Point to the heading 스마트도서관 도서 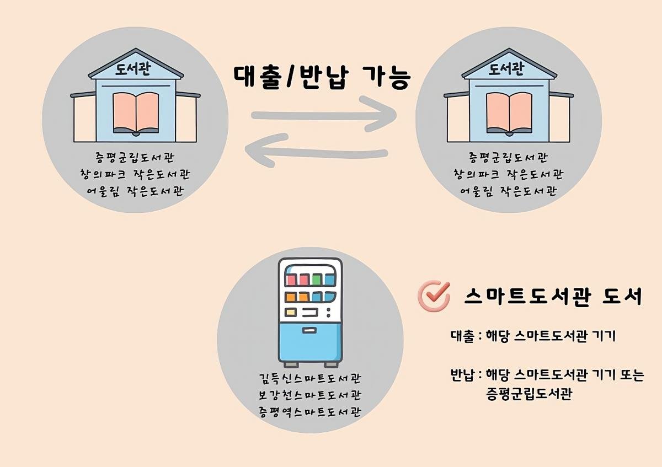coord(553,297)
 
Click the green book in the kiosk coord(316,278)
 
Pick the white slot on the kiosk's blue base coord(309,331)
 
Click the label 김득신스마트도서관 coord(310,379)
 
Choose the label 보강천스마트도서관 coord(310,395)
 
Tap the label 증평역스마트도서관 coord(310,412)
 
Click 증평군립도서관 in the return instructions coord(528,394)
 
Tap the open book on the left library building coord(136,113)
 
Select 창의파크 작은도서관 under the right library coord(508,175)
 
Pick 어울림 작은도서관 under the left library coord(136,192)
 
